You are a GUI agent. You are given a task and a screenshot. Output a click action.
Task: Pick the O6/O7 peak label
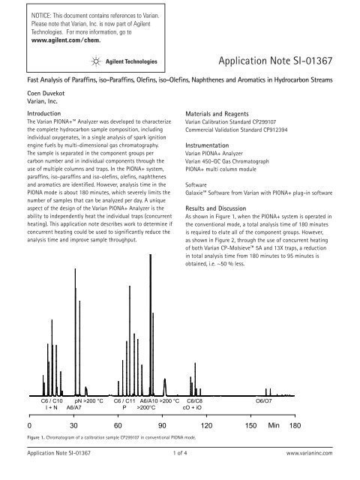[x=264, y=401]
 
